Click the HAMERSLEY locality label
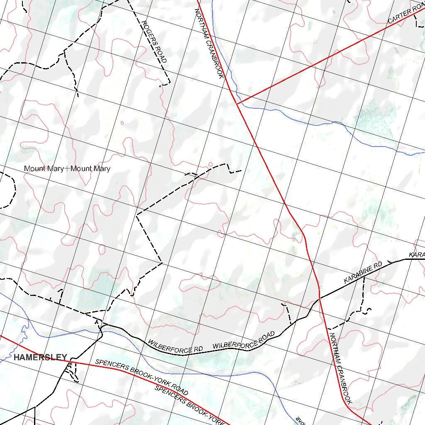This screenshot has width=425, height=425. pyautogui.click(x=40, y=357)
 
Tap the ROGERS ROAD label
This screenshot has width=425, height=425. pyautogui.click(x=154, y=42)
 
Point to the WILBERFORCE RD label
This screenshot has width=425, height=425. pyautogui.click(x=175, y=347)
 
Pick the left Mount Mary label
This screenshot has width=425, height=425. pyautogui.click(x=44, y=169)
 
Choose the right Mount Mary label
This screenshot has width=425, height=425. pyautogui.click(x=90, y=169)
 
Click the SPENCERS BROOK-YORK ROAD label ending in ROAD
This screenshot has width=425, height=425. pyautogui.click(x=142, y=377)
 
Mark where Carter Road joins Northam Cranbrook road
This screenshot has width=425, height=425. pyautogui.click(x=237, y=103)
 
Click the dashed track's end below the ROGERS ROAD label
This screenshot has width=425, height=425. pyautogui.click(x=162, y=85)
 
